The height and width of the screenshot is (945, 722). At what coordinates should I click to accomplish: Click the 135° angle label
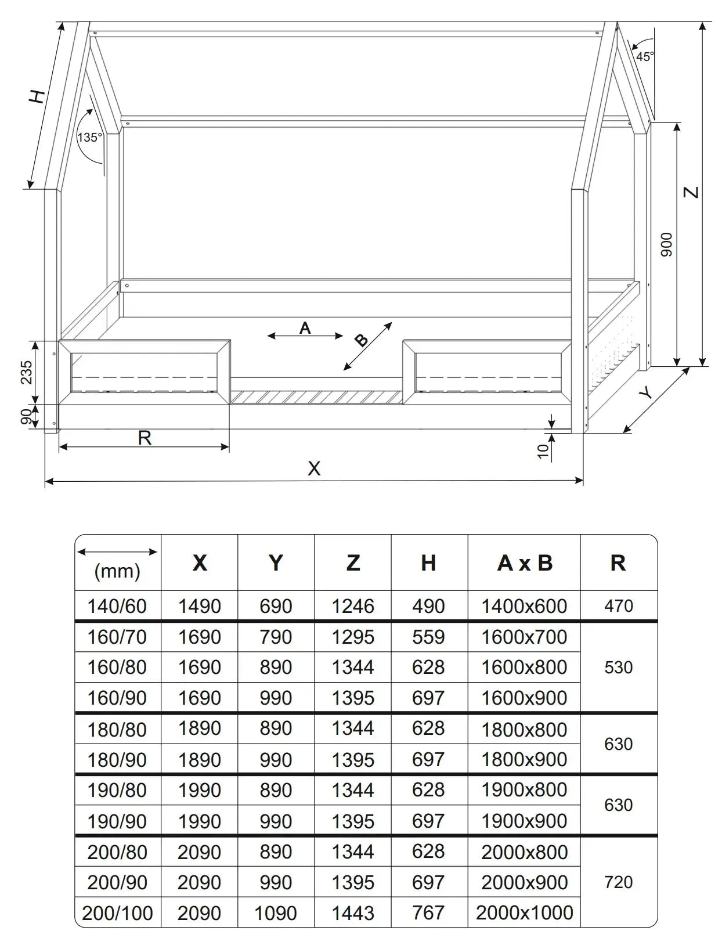click(90, 138)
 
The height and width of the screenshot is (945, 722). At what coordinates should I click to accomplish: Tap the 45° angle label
click(644, 56)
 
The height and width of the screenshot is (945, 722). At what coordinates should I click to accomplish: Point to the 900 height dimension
click(667, 244)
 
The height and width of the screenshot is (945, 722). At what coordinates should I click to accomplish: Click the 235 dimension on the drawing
click(27, 372)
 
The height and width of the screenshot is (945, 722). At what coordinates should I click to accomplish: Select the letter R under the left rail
click(145, 438)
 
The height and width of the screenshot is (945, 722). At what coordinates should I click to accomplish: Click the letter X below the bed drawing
click(314, 468)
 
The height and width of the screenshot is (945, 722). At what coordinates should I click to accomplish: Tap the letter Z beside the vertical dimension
click(691, 192)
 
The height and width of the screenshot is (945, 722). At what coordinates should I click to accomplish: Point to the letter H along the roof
click(38, 96)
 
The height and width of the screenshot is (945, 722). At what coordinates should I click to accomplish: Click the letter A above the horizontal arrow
click(305, 329)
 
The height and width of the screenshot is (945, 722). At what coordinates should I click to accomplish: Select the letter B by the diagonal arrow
click(361, 341)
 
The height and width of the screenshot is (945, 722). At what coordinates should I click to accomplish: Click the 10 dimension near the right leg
click(543, 451)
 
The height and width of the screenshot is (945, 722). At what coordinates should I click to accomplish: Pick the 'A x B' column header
click(525, 563)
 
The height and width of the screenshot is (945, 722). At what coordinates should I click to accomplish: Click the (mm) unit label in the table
click(117, 571)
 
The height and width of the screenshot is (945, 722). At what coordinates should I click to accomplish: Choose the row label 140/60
click(117, 606)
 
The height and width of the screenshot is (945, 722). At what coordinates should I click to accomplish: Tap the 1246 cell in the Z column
click(353, 606)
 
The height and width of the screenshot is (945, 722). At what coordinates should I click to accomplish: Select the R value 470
click(618, 606)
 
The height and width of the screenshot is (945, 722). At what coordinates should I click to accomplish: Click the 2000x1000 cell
click(525, 912)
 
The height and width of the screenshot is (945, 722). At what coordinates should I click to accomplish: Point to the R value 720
click(618, 882)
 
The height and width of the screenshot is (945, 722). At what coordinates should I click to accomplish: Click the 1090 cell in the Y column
click(276, 913)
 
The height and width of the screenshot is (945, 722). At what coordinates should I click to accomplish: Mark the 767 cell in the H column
click(428, 913)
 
